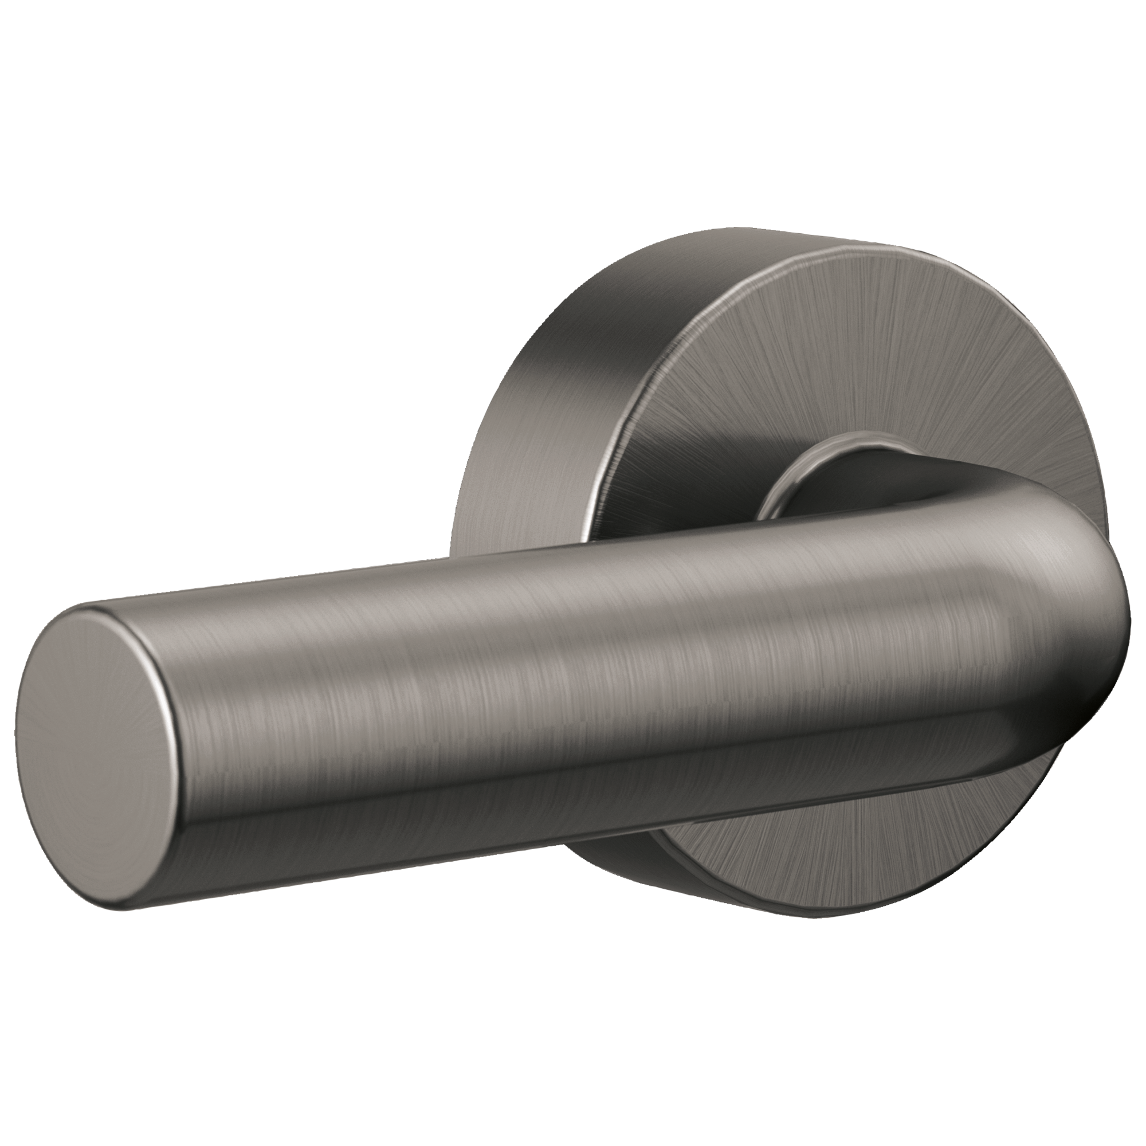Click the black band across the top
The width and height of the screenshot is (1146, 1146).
tap(573, 113)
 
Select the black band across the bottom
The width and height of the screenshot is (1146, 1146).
tap(573, 1032)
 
